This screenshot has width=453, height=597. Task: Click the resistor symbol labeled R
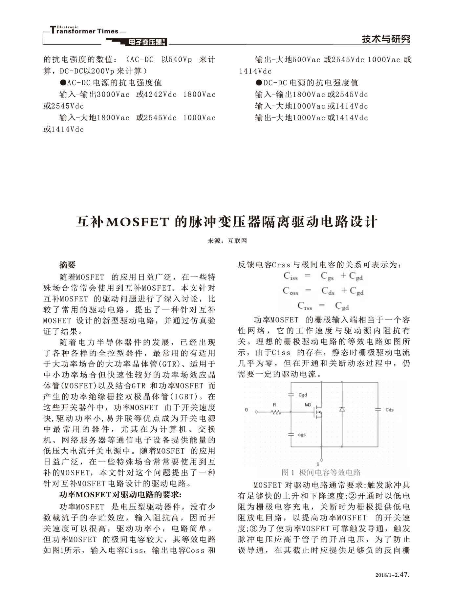(276, 411)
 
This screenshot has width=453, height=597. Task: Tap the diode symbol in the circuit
(342, 409)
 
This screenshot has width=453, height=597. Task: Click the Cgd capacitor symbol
(291, 395)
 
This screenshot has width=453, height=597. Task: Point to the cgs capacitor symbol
(291, 434)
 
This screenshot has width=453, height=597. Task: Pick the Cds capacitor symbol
(378, 409)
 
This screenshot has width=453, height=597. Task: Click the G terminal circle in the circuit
(257, 411)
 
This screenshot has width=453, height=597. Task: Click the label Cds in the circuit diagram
(389, 410)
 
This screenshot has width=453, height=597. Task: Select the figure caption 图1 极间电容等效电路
(321, 472)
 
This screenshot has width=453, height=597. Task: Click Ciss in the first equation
(291, 277)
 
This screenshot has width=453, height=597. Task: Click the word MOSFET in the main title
(138, 222)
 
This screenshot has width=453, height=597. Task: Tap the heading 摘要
(67, 265)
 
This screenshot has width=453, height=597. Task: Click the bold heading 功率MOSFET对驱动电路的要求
(120, 494)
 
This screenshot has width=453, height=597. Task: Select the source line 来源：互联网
(227, 241)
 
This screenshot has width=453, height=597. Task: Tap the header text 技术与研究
(386, 39)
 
